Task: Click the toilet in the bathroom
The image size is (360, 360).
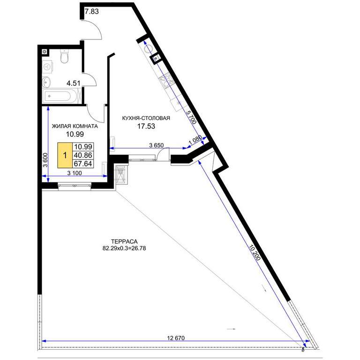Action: coord(64,56)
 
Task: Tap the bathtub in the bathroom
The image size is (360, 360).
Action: coord(60,97)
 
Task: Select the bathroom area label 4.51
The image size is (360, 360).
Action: coord(74,83)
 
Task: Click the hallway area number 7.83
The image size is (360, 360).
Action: coord(91,11)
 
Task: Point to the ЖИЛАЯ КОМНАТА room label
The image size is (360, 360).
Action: coord(75,126)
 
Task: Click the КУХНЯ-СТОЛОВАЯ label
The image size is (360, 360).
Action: coord(146,118)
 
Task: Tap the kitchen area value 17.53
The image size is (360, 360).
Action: coord(146,126)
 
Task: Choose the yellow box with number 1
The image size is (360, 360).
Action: coord(65,155)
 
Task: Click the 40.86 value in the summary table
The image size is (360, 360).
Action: coord(83,155)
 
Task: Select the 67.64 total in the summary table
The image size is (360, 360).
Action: coord(83,164)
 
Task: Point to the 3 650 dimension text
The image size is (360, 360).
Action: coord(157,145)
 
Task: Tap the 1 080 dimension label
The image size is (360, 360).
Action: coord(195,140)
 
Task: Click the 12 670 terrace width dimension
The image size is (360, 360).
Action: coord(176,338)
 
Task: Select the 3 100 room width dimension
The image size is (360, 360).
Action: coord(75,173)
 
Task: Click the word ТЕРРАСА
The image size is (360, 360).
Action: coord(124,241)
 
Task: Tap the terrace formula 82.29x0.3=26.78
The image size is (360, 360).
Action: coord(124,248)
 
